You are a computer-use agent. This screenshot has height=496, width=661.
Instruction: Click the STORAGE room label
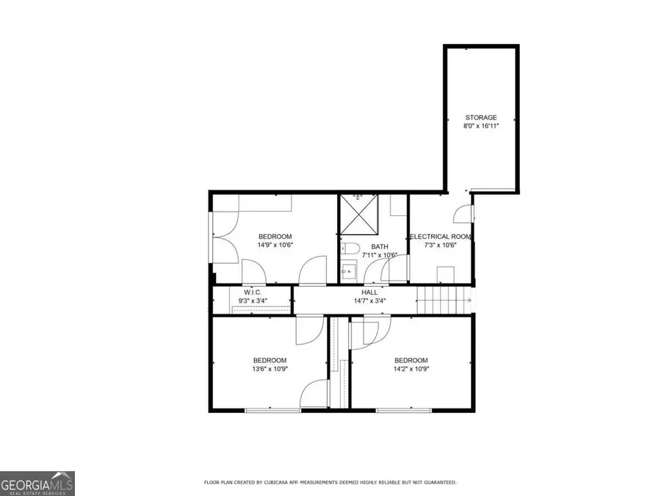pos(480,118)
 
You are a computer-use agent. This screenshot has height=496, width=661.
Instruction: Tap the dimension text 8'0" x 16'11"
pos(480,126)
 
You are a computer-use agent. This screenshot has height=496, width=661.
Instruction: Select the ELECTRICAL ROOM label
pos(440,237)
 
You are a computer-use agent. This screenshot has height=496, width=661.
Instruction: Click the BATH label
pos(380,247)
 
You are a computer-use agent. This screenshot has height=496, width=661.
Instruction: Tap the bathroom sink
pos(347,273)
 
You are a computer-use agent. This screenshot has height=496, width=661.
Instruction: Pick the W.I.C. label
pos(254,291)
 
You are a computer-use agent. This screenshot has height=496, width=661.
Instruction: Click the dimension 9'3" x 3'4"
pos(254,301)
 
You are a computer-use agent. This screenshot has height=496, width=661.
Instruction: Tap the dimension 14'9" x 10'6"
pos(275,245)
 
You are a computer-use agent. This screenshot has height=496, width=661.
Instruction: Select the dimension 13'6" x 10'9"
pos(270,369)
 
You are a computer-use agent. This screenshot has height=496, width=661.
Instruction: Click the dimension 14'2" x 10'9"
pos(411,369)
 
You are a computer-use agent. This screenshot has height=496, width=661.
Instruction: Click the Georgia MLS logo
pos(37,484)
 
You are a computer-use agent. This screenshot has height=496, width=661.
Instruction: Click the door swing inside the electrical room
pos(462,214)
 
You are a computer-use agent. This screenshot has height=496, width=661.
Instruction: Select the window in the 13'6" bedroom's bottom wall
pos(272,409)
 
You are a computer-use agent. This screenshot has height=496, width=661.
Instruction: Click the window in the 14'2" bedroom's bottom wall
pos(404,409)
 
